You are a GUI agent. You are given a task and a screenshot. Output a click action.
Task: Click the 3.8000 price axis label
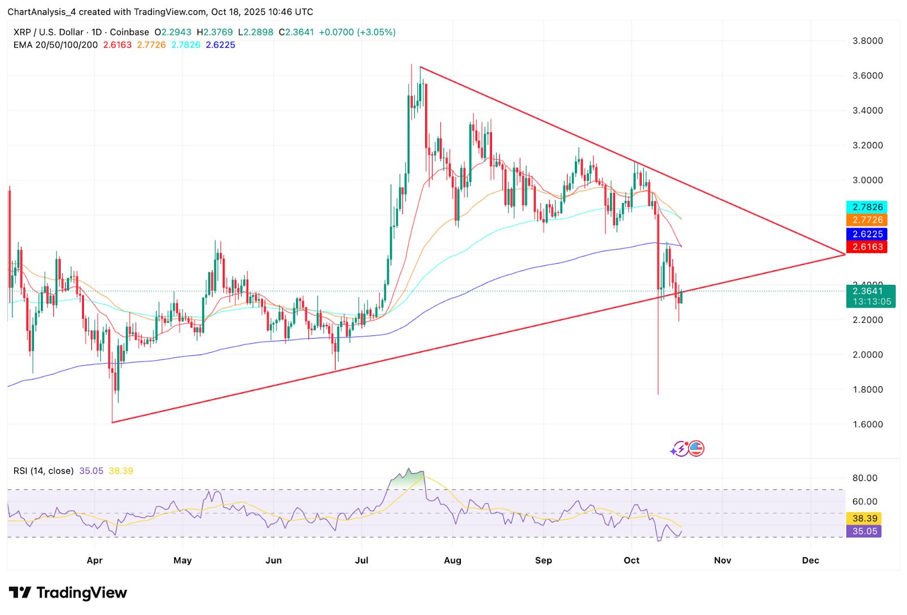click(x=867, y=41)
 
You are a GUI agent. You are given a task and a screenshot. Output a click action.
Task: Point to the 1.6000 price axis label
click(x=867, y=424)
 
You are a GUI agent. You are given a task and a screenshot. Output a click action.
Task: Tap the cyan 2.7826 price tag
click(x=867, y=207)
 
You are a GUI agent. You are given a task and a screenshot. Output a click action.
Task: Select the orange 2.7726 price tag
click(x=867, y=220)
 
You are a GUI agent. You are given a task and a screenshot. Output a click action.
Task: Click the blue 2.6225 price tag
click(x=867, y=234)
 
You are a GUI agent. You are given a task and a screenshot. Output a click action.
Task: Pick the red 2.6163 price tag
click(x=867, y=247)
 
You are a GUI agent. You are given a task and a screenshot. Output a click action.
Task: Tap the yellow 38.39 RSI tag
click(x=864, y=519)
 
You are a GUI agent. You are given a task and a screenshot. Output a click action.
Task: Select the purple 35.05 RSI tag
click(x=864, y=532)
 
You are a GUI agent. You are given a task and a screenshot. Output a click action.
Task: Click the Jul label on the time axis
click(x=362, y=561)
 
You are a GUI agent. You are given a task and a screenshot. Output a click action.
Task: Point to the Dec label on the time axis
click(x=811, y=561)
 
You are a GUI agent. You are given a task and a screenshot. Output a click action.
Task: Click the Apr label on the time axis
click(x=95, y=561)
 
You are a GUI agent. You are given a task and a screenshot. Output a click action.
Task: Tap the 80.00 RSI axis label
click(x=864, y=478)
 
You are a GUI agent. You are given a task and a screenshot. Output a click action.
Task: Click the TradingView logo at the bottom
click(x=68, y=593)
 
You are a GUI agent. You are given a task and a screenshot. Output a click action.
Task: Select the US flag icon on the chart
click(x=696, y=449)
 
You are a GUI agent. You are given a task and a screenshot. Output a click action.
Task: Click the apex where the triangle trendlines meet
click(x=845, y=254)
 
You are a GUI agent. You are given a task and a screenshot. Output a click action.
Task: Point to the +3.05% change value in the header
click(x=376, y=32)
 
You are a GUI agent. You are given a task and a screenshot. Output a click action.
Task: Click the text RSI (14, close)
click(x=44, y=471)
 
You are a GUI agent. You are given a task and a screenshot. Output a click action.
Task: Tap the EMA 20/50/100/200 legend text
click(x=56, y=45)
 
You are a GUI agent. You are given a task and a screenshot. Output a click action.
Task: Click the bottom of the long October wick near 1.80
click(x=658, y=393)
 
